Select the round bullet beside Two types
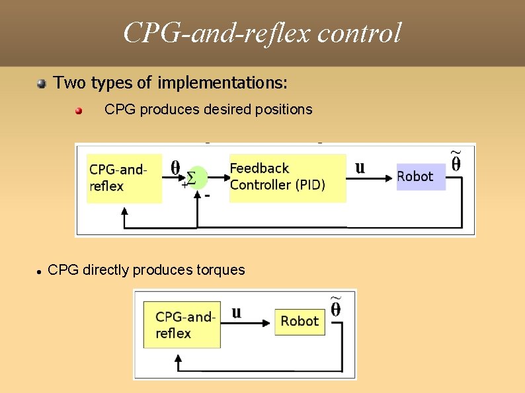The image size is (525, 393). (42, 83)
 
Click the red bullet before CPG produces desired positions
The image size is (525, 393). (79, 110)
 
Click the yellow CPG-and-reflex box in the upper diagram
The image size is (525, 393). (124, 178)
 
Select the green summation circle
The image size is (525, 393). (196, 177)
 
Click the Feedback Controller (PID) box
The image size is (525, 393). (287, 177)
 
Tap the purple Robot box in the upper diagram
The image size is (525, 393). (421, 176)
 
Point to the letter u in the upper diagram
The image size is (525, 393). (360, 167)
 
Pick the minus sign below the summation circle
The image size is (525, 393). (208, 196)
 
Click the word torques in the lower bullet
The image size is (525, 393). (222, 270)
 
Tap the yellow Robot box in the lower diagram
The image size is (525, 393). (300, 321)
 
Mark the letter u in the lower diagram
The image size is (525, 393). (237, 312)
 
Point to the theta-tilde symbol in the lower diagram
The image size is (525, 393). (336, 307)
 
